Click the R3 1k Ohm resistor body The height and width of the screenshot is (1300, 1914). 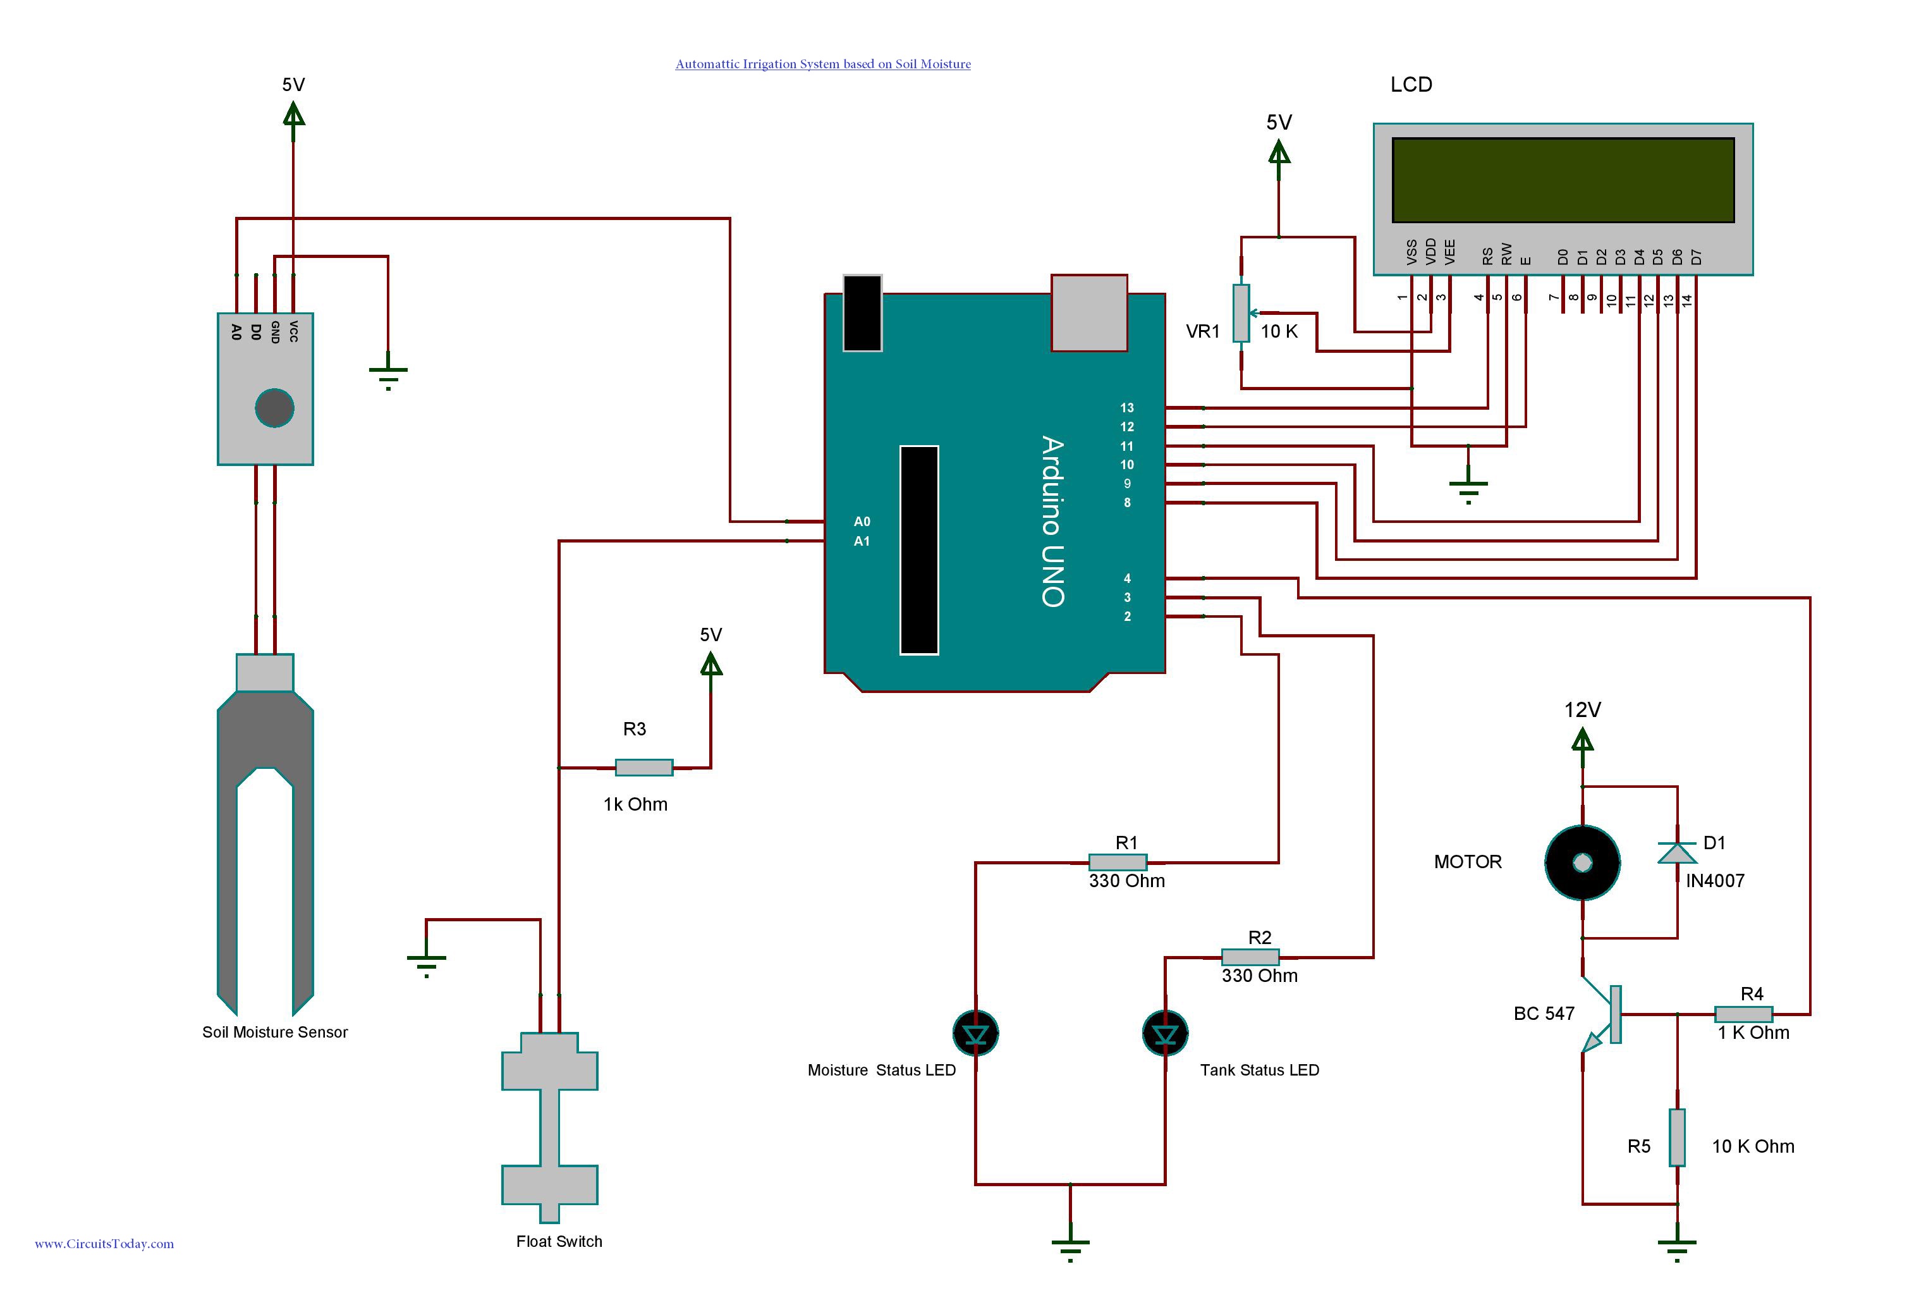(x=644, y=768)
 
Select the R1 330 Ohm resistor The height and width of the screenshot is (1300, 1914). (x=1118, y=862)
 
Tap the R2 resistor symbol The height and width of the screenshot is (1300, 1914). (x=1250, y=957)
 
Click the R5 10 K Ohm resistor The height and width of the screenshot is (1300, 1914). (x=1677, y=1137)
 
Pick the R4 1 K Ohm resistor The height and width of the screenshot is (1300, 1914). (x=1743, y=1014)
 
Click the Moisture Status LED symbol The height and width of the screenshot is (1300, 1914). (x=976, y=1033)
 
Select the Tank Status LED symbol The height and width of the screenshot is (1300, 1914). (x=1166, y=1033)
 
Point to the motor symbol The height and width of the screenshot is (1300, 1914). (x=1582, y=862)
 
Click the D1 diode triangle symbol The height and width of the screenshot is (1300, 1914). (x=1677, y=854)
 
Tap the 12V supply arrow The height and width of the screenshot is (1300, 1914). (x=1582, y=740)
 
